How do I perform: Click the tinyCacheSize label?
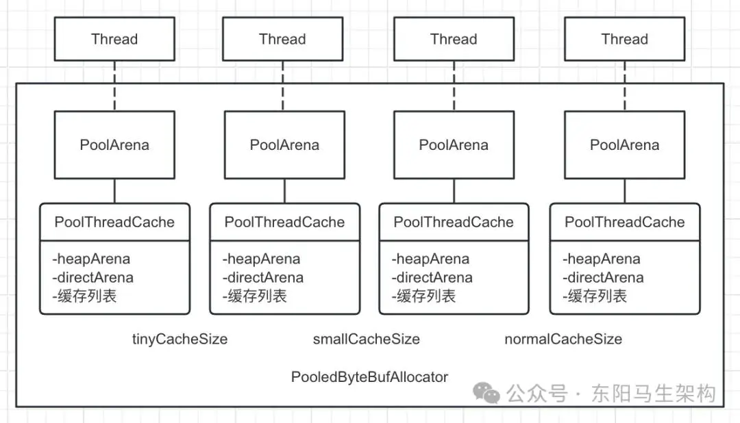180,339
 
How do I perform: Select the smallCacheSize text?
366,339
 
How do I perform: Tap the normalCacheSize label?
563,339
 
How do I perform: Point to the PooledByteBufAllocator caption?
369,376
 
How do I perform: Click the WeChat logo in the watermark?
486,393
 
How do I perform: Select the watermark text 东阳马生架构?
654,394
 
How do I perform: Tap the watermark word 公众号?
537,394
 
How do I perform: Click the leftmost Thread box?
114,39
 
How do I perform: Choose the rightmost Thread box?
624,39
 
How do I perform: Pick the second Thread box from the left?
283,39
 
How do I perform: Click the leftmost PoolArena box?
114,145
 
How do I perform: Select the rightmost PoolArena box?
624,145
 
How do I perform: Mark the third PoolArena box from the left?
454,145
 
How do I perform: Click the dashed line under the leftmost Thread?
114,86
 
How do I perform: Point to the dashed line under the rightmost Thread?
625,86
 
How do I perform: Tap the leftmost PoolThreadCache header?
114,222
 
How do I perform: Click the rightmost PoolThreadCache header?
625,222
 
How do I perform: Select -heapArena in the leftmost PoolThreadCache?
91,259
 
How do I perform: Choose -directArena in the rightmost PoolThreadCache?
603,277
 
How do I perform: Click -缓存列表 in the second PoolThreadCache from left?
254,296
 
